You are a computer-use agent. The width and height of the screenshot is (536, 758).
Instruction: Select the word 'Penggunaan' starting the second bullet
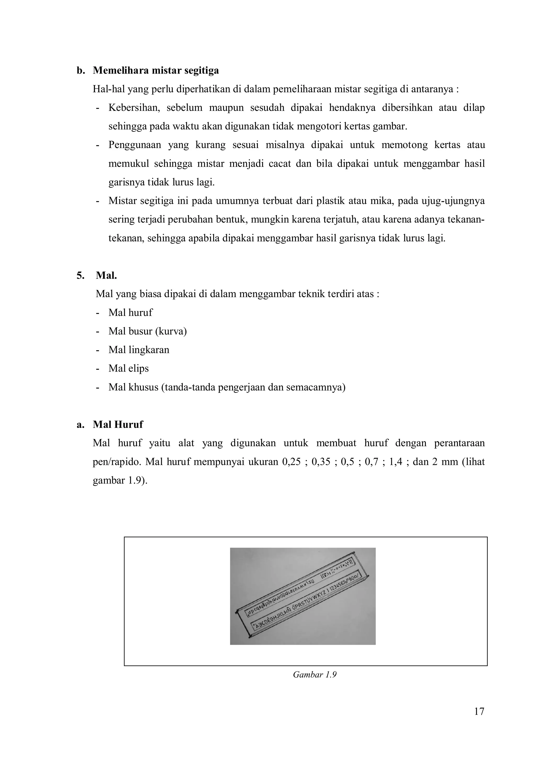(135, 145)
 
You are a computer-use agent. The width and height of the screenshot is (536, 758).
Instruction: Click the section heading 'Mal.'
(106, 275)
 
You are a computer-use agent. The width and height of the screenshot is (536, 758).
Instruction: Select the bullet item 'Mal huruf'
(130, 313)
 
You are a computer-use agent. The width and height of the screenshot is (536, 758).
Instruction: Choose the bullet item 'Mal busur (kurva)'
(148, 331)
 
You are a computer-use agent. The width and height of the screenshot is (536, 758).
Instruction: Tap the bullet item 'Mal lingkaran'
(139, 350)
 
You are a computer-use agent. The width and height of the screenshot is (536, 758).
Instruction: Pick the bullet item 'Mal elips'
(129, 368)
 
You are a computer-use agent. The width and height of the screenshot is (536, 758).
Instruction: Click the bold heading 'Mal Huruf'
(118, 425)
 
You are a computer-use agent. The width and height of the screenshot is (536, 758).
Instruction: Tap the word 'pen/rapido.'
(117, 462)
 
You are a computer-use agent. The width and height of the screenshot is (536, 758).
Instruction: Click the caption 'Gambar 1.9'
(314, 675)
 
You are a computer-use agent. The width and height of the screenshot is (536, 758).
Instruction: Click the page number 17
(479, 712)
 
